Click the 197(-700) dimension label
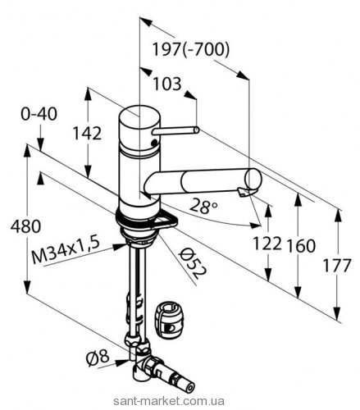coord(190,50)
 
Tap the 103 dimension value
coord(167,84)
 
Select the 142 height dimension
coord(87,134)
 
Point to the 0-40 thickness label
coord(39,114)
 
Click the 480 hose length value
coord(25,226)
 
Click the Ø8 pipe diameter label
coord(98,358)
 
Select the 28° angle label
coord(203,206)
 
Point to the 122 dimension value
coord(267,243)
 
